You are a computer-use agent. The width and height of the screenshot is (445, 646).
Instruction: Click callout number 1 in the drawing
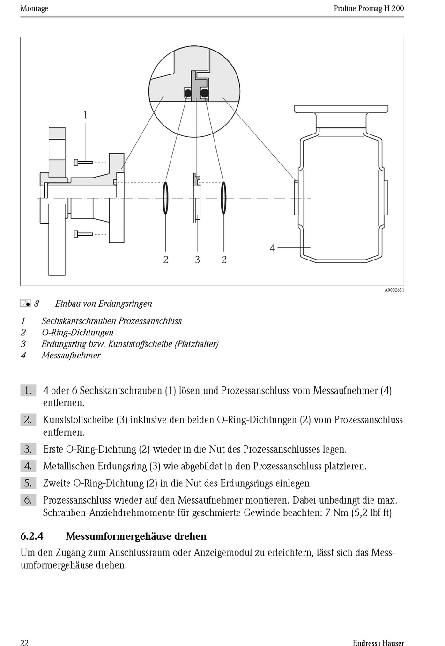tap(85, 115)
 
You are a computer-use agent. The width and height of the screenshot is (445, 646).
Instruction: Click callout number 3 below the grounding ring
tap(197, 260)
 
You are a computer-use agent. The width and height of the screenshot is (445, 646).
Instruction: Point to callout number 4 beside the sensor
tap(272, 248)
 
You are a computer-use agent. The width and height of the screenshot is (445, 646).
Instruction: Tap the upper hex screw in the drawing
tap(83, 162)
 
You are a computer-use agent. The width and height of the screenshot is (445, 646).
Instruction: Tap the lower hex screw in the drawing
tap(83, 234)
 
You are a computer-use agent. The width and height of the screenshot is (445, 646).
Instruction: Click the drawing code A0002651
tap(394, 290)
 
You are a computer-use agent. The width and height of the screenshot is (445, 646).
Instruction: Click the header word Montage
tap(34, 8)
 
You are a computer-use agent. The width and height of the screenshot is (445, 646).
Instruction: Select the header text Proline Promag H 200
tap(369, 8)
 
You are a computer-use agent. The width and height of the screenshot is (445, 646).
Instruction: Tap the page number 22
tap(24, 643)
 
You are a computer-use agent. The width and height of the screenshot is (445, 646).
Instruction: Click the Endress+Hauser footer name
tap(378, 643)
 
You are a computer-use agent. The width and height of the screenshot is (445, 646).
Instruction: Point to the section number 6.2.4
tap(32, 536)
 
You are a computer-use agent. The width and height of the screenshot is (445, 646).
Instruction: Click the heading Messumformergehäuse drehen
tap(136, 536)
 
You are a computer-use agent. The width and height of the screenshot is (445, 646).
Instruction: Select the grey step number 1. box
tap(28, 390)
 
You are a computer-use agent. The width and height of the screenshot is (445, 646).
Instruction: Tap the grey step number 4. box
tap(28, 466)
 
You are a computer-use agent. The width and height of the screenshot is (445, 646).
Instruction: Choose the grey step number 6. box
tap(28, 500)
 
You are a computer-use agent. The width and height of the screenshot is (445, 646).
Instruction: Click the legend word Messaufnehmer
tap(71, 355)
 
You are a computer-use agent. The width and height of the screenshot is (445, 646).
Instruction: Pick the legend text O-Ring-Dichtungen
tap(77, 333)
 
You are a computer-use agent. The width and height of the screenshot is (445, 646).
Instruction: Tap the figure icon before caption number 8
tap(25, 304)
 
